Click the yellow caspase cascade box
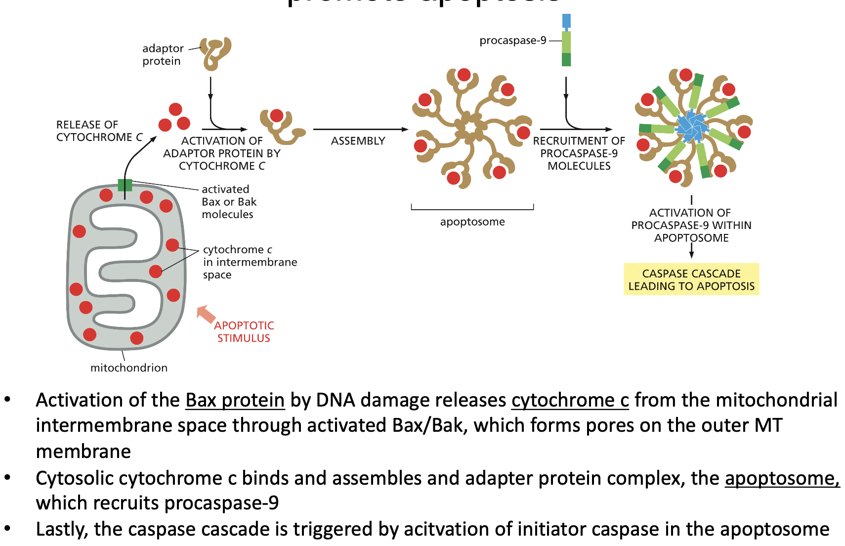point(691,279)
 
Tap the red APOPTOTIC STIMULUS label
point(244,332)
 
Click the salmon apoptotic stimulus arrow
point(206,314)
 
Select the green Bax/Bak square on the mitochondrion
point(125,185)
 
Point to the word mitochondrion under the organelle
point(129,368)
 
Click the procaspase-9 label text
point(512,41)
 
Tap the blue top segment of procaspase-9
point(566,21)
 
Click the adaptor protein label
point(163,55)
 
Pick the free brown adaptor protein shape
point(215,52)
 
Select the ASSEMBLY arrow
point(360,130)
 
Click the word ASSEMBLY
point(358,141)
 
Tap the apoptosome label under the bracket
point(472,222)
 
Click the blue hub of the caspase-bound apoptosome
point(692,127)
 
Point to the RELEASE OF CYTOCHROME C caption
point(99,131)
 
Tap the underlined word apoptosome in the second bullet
point(781,479)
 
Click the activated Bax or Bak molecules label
point(229,202)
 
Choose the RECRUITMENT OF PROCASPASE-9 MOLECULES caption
point(579,154)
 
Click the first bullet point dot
point(7,400)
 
